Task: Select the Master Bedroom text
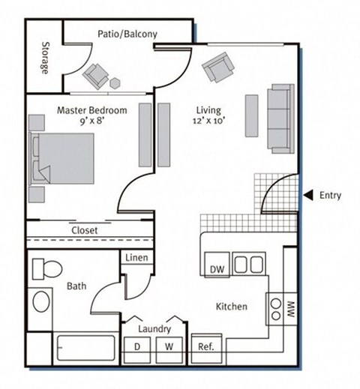pos(91,110)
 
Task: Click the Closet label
pos(84,230)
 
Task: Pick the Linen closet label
pos(137,259)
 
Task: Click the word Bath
pos(76,286)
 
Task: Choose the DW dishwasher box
pos(215,268)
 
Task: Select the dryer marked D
pos(137,346)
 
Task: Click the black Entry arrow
pos(307,196)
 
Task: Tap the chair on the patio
pos(97,74)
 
